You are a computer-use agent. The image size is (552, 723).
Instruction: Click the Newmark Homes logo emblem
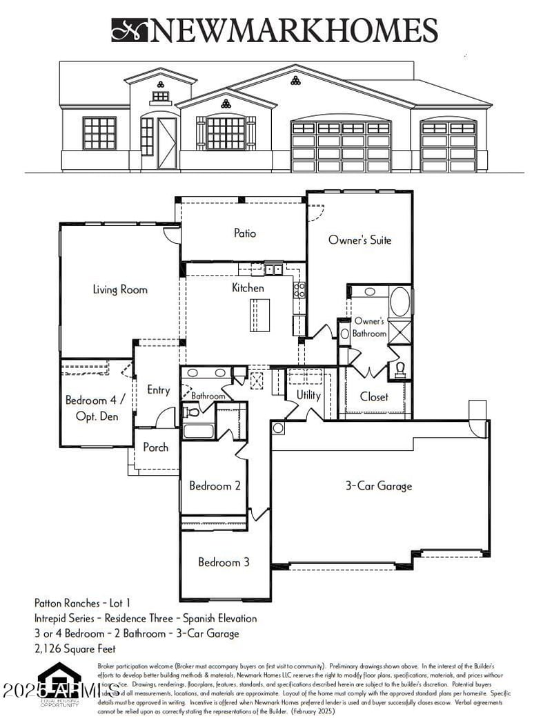click(x=130, y=30)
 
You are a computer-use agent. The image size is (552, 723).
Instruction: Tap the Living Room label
click(x=120, y=289)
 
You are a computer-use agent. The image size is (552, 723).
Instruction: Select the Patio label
click(x=244, y=233)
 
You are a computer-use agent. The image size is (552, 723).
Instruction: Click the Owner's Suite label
click(x=359, y=240)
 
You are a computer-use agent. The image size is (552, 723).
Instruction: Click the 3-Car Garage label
click(x=378, y=485)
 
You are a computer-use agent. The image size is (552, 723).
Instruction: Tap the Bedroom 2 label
click(x=215, y=485)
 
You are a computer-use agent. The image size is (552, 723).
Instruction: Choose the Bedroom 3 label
click(x=224, y=562)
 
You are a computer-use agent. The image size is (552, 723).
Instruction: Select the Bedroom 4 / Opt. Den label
click(x=95, y=408)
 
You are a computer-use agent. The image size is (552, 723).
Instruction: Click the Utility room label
click(x=308, y=395)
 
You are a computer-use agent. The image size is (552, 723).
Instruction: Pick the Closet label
click(x=373, y=396)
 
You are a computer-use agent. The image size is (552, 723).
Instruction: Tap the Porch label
click(x=155, y=447)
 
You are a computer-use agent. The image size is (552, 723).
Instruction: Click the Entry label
click(x=158, y=390)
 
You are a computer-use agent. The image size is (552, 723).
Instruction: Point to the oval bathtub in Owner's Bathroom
click(x=400, y=302)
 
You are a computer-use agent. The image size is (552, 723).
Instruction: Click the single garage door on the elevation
click(x=448, y=147)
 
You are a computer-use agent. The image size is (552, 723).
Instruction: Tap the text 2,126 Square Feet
click(x=75, y=648)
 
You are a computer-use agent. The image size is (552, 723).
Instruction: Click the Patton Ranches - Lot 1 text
click(x=82, y=603)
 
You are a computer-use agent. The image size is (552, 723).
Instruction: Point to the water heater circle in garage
click(x=278, y=428)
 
